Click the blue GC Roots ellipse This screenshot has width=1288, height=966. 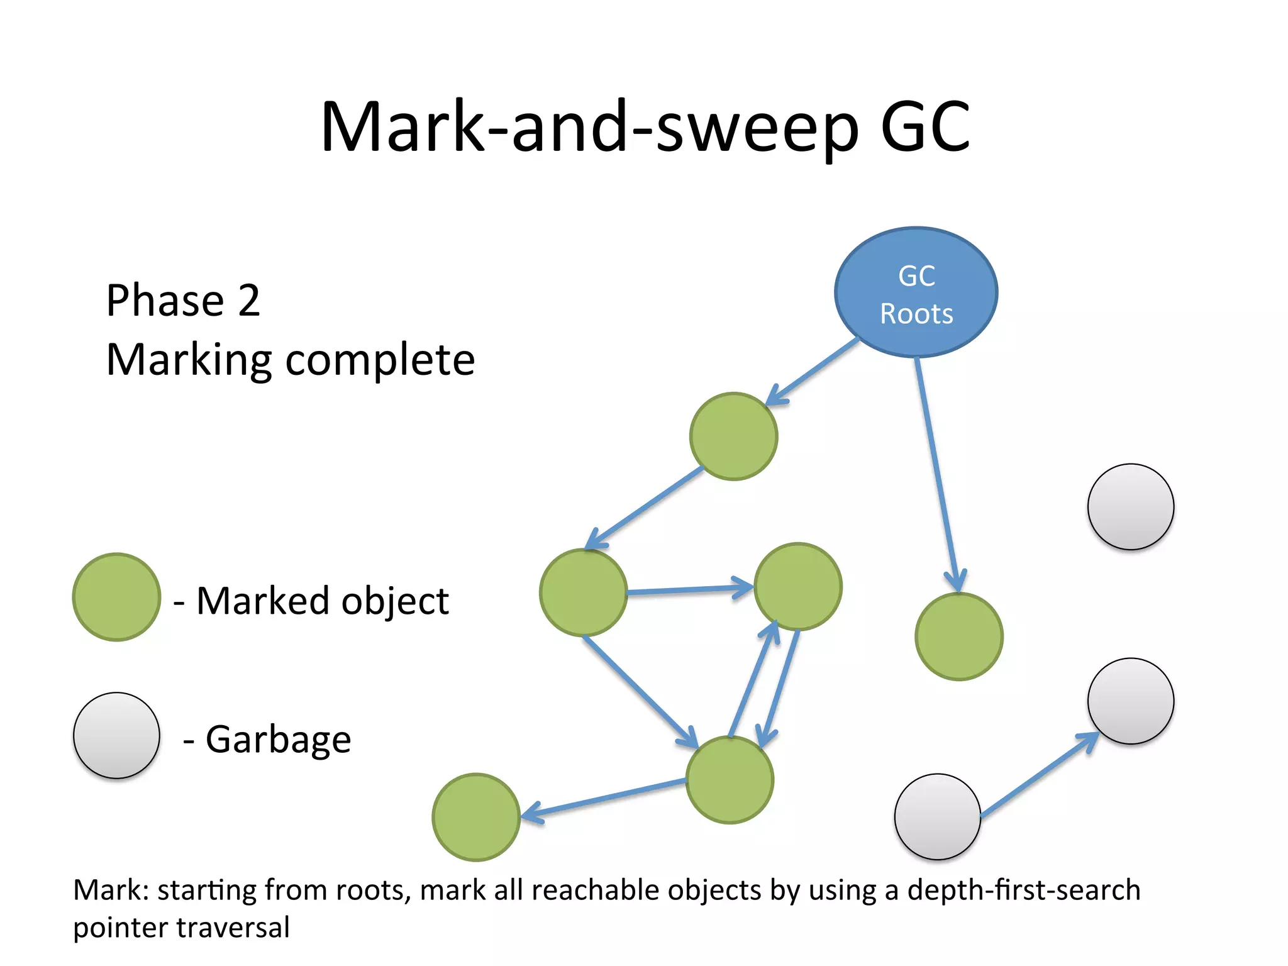[916, 292]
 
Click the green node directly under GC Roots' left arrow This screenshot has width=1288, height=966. [733, 436]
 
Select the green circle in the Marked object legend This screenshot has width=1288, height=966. [116, 597]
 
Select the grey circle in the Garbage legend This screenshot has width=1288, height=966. [116, 735]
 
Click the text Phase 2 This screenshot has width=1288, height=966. [183, 300]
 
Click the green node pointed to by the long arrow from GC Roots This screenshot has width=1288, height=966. [958, 636]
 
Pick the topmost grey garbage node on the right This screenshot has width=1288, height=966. [1130, 507]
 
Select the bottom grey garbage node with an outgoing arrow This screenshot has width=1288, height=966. [937, 816]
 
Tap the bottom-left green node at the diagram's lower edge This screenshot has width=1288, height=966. [476, 817]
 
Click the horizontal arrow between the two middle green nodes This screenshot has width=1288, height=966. [689, 590]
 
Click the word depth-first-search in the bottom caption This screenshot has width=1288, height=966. [1023, 890]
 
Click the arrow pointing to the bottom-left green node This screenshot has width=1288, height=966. [604, 799]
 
